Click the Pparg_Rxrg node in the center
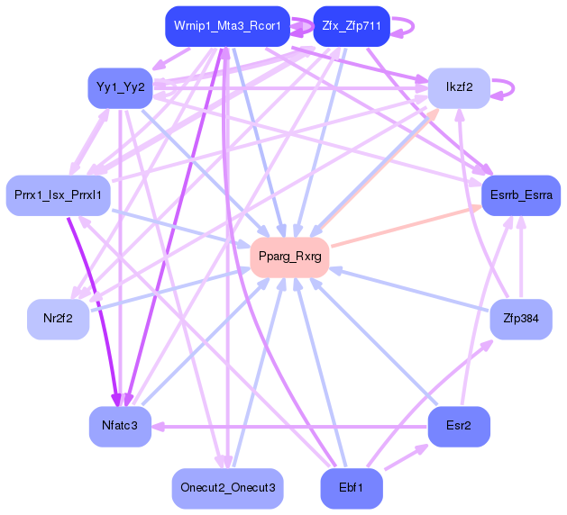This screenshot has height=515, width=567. pos(289,257)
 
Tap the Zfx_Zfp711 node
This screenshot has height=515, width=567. pos(351,26)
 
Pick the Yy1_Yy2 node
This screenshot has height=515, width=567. pos(119,88)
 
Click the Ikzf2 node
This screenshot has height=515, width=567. pos(458,88)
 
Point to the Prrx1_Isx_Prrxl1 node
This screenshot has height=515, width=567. pos(58,194)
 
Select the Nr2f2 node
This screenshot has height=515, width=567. pos(58,318)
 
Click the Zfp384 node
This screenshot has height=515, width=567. pos(521,318)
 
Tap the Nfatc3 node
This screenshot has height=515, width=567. pos(119,425)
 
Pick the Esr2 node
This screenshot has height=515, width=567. pos(458,425)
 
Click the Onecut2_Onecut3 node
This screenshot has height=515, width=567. pos(227,487)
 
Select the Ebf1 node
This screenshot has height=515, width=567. pos(351,487)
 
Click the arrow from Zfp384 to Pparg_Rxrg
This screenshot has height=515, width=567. pos(406,287)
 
